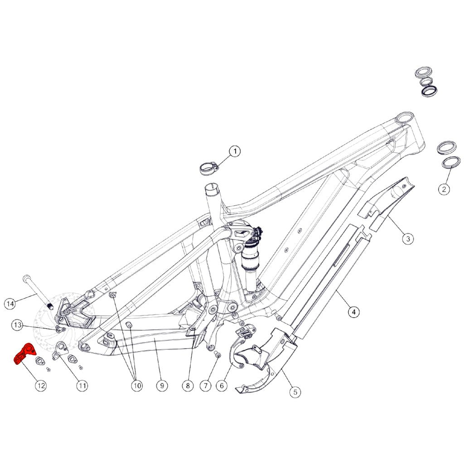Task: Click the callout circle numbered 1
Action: pyautogui.click(x=235, y=151)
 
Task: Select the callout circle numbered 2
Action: pyautogui.click(x=444, y=189)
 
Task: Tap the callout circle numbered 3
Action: pyautogui.click(x=408, y=238)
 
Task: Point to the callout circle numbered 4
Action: pyautogui.click(x=354, y=312)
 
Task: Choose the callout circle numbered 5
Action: pyautogui.click(x=295, y=392)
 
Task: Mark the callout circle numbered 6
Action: pyautogui.click(x=222, y=385)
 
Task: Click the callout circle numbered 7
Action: pyautogui.click(x=206, y=385)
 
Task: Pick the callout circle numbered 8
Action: pyautogui.click(x=188, y=385)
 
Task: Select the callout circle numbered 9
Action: pyautogui.click(x=162, y=385)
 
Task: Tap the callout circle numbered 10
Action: pyautogui.click(x=137, y=385)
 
